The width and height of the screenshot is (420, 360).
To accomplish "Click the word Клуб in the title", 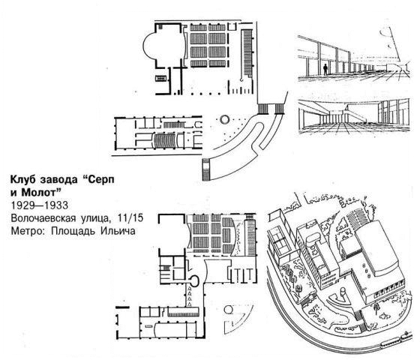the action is (22, 180).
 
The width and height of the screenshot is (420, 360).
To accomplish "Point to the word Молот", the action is (41, 193).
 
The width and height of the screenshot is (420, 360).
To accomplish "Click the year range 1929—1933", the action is (39, 205).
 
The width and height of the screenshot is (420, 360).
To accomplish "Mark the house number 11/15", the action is (130, 218).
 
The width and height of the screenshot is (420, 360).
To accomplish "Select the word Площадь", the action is (73, 232).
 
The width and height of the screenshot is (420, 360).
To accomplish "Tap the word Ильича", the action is (118, 231).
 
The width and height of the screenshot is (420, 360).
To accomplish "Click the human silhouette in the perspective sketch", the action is (325, 69).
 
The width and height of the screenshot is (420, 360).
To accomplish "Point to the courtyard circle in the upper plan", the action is (224, 119).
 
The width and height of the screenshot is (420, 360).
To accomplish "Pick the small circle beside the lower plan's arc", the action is (228, 310).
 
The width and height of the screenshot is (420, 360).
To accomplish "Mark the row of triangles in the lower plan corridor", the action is (190, 296).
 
